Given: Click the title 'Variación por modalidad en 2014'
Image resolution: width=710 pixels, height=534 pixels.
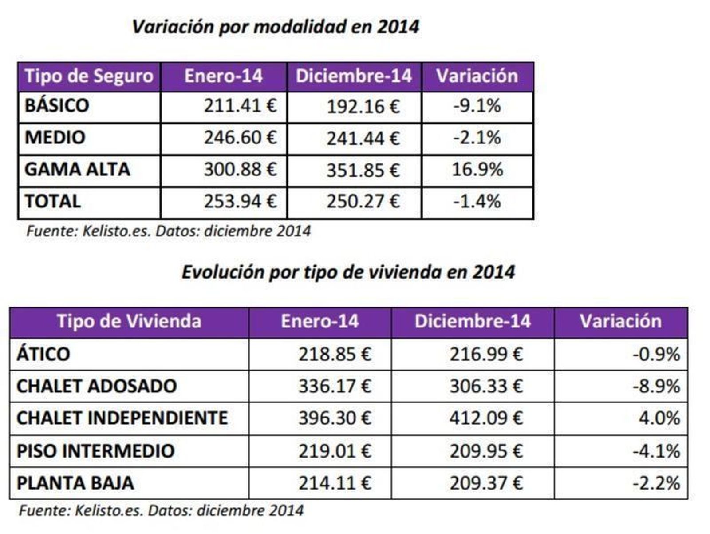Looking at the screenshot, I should (x=275, y=27).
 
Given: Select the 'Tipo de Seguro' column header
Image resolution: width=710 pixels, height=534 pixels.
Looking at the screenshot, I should (x=89, y=76).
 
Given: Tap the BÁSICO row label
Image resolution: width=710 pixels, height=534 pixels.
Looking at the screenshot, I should (x=57, y=106).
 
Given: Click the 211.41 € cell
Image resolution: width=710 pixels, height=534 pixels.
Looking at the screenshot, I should (x=240, y=106).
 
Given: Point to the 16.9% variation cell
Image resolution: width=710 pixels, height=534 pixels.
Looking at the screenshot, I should (x=477, y=170).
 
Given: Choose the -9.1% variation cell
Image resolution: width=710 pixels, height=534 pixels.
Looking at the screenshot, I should (x=477, y=106).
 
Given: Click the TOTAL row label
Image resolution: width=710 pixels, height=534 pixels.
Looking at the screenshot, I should (x=52, y=202).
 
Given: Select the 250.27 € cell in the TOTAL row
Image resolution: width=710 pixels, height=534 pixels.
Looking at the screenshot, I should (x=363, y=202).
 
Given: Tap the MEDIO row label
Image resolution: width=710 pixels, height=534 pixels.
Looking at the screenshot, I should (x=55, y=138).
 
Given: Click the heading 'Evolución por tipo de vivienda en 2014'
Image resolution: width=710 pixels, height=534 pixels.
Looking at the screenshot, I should (x=348, y=272).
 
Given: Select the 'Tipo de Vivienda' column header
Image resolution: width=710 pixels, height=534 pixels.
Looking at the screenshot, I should (x=129, y=322).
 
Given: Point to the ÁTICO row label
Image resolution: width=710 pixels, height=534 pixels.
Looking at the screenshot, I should (x=43, y=355).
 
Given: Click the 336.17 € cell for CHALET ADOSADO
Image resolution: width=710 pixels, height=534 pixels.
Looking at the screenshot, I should (x=335, y=387).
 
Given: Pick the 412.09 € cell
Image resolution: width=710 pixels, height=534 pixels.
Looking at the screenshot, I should (x=486, y=418).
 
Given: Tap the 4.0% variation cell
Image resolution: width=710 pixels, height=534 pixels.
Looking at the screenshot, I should (x=659, y=418).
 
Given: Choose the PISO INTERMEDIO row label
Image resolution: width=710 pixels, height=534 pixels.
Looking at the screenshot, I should (x=95, y=451).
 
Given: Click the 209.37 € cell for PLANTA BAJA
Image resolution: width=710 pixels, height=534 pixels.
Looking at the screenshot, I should (x=486, y=483).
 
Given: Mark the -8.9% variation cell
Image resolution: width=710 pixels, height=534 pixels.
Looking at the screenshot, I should (x=656, y=387).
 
